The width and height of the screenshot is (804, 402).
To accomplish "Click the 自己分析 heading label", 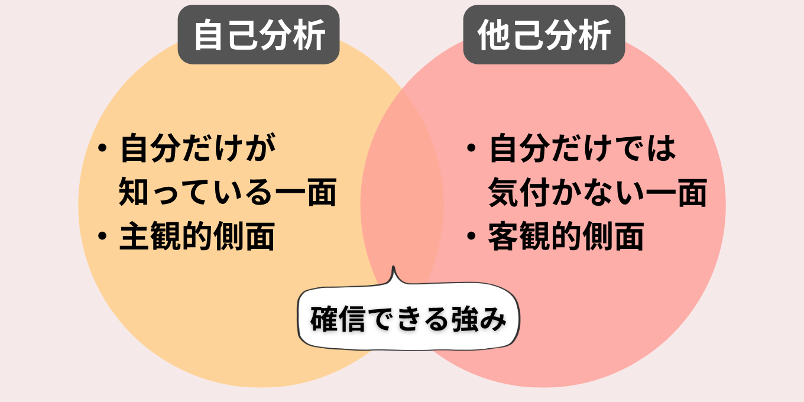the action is [258, 34].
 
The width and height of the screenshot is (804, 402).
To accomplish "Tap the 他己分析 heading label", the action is [544, 34].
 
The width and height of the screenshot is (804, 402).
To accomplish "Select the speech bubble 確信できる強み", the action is [409, 316].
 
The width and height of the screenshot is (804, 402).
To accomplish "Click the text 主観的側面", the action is [197, 236].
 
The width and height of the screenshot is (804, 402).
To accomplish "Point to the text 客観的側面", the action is [566, 236].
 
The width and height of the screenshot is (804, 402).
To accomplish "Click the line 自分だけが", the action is [198, 148].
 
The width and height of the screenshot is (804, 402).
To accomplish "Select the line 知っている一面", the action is [228, 192].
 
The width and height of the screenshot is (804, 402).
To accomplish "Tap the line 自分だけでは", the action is [582, 148].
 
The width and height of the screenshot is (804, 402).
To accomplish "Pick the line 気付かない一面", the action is [598, 192].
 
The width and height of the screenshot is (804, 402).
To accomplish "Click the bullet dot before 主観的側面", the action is [102, 236].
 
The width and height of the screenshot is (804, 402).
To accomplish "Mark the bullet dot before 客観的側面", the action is [471, 236].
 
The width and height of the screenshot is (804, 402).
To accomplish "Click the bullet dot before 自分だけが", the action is [102, 148].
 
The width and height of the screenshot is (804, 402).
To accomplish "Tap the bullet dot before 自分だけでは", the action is [471, 148].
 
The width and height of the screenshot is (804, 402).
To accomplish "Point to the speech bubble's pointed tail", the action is [393, 267].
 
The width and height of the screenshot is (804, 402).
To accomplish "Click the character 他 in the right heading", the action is [494, 35].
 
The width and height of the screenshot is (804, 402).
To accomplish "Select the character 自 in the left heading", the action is [208, 35].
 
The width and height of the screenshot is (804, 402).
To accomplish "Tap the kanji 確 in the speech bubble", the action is [324, 319].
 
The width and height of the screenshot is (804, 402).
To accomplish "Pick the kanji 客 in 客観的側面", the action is [503, 236].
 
